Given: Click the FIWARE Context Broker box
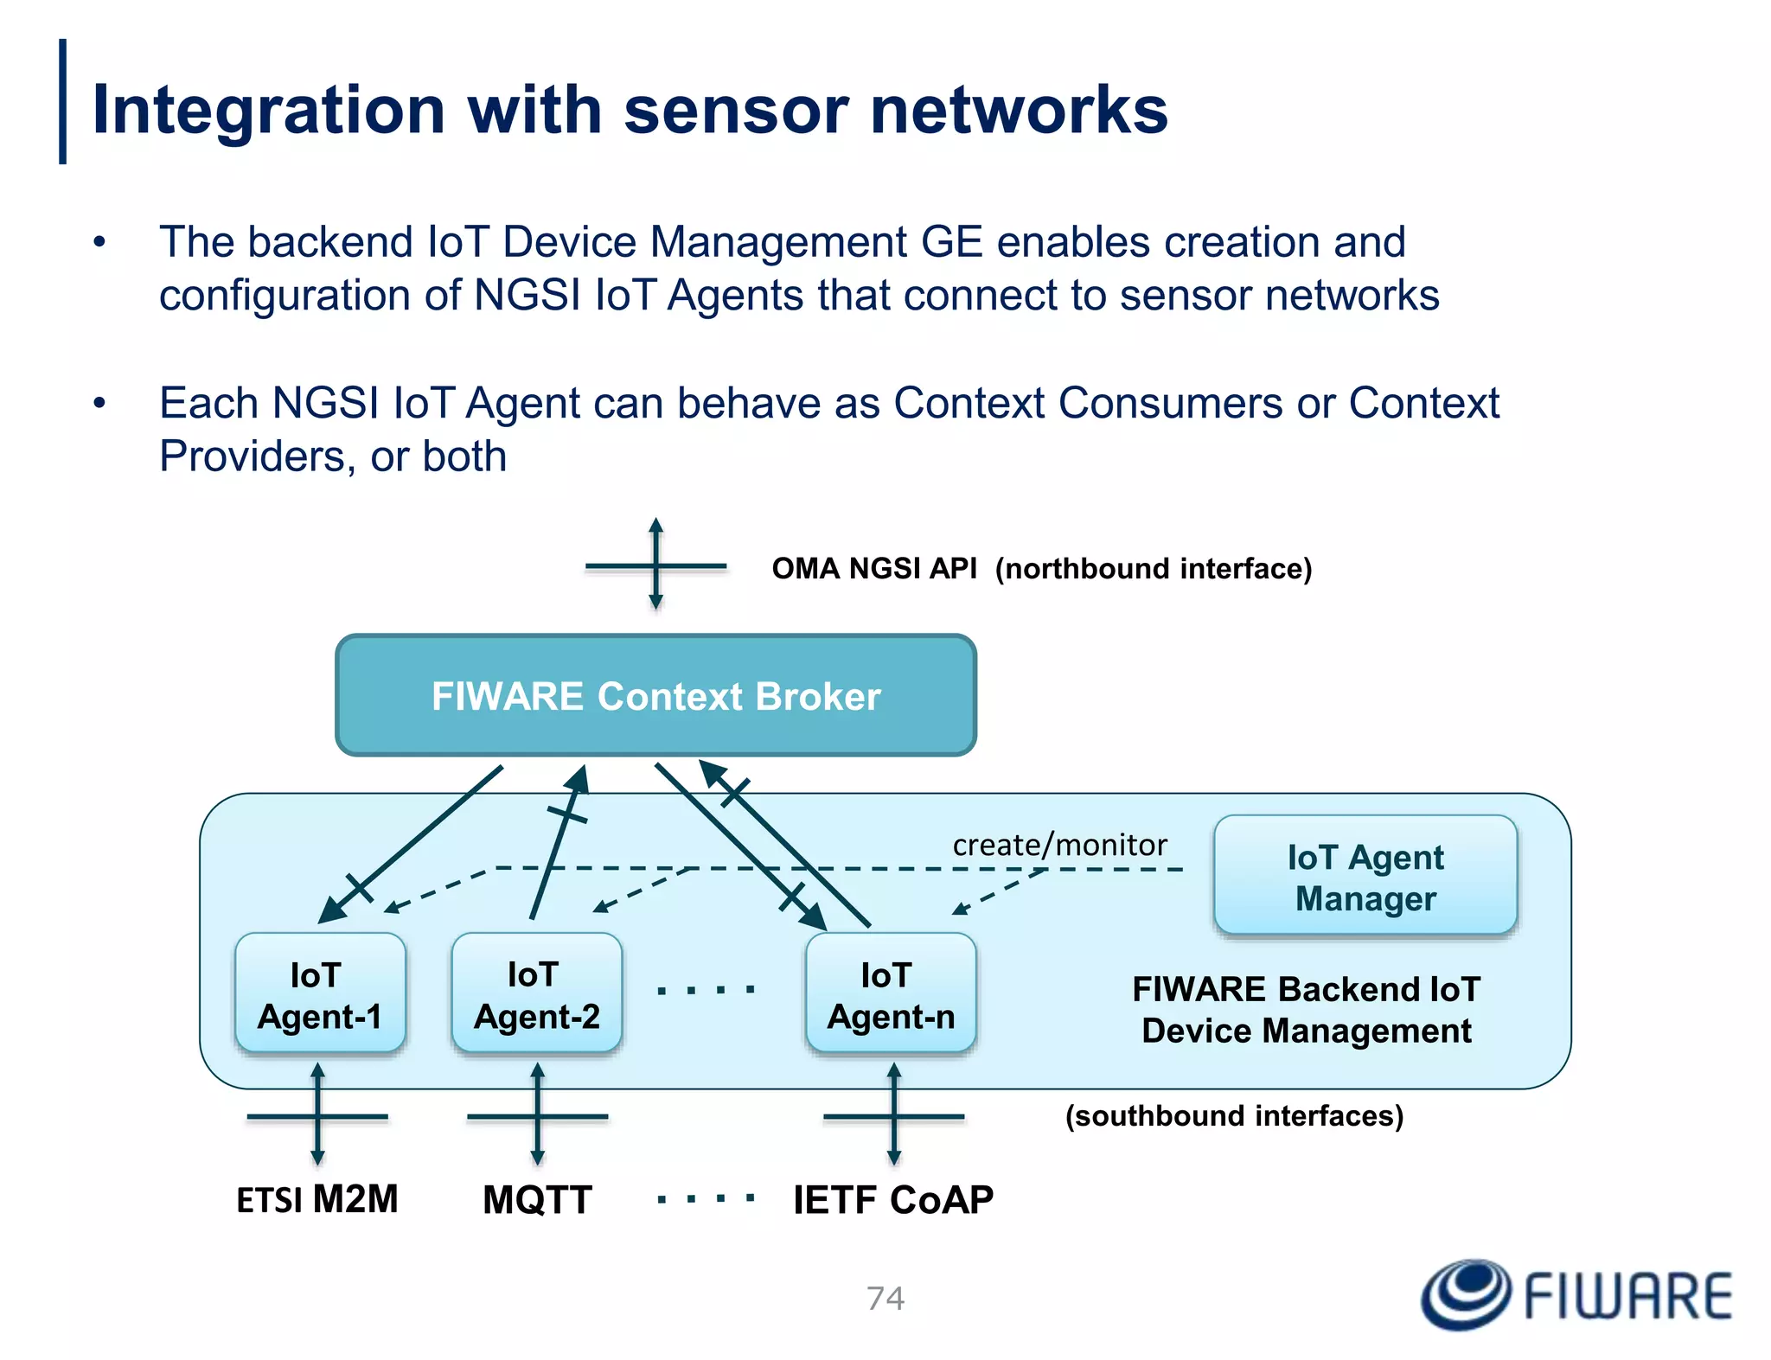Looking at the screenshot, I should (x=655, y=695).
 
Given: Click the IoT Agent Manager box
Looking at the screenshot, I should (x=1365, y=877).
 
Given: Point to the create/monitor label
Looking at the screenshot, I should (x=1059, y=845).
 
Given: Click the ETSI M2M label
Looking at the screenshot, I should (x=316, y=1199).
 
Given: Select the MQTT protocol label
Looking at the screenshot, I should (x=537, y=1199).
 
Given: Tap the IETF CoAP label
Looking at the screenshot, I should (x=892, y=1199).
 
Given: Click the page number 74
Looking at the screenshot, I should (x=885, y=1298).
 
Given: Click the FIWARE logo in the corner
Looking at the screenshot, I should (x=1576, y=1294).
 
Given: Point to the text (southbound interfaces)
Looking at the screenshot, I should (x=1234, y=1115).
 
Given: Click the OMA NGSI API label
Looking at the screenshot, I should (x=873, y=569).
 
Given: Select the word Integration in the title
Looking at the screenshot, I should (x=268, y=110).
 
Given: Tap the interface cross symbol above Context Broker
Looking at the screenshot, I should (x=655, y=566).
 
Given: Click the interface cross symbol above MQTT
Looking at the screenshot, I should (x=537, y=1116).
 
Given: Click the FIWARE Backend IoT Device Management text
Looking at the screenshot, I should (x=1306, y=1010).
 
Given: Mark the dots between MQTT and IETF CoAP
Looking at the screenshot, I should (x=706, y=1198).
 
